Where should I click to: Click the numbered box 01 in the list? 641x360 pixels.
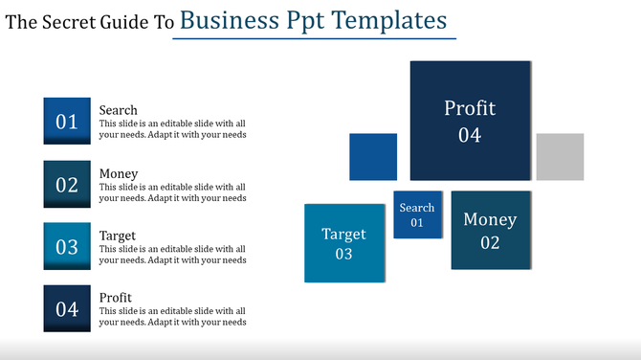67,121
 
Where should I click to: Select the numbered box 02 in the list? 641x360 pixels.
67,184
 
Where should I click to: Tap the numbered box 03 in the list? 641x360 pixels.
67,246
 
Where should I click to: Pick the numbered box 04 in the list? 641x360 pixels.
67,308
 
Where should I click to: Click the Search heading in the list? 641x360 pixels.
119,110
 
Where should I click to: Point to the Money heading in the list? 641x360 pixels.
119,173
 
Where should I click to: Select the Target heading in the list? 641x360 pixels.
118,236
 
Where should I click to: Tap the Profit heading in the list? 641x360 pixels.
116,298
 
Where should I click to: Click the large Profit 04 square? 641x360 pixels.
469,121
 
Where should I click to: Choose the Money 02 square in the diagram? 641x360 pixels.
490,230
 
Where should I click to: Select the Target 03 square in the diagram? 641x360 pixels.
344,243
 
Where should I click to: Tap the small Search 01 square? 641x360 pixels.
417,214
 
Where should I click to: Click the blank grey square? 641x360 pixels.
560,157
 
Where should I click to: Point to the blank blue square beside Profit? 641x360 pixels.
373,157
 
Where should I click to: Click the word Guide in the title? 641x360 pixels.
123,22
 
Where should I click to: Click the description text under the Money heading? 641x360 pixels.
172,192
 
